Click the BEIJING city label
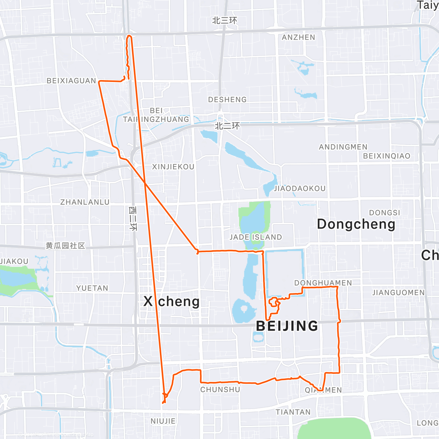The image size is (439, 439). tap(287, 326)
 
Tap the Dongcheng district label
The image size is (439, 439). tap(356, 224)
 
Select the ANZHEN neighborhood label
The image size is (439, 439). tap(299, 37)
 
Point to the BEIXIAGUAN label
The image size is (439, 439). tap(71, 81)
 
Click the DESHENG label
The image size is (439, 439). tap(227, 100)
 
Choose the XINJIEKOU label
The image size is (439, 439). tap(173, 167)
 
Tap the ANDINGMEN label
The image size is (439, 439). tap(343, 147)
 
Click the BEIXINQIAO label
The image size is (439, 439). tap(387, 156)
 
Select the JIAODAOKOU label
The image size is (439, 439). tap(300, 188)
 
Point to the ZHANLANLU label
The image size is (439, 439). tap(85, 202)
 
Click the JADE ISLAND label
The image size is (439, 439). tap(256, 237)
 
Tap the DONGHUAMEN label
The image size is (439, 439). tap(323, 283)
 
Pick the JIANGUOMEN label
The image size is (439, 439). tap(398, 293)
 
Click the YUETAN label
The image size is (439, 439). tap(92, 288)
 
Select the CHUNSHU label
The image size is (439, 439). tap(220, 390)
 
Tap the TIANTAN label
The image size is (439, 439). tap(293, 412)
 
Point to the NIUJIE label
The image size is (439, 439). tap(163, 421)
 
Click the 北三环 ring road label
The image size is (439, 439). tap(225, 20)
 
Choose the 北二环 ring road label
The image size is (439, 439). tap(227, 126)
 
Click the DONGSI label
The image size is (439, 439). tap(384, 213)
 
